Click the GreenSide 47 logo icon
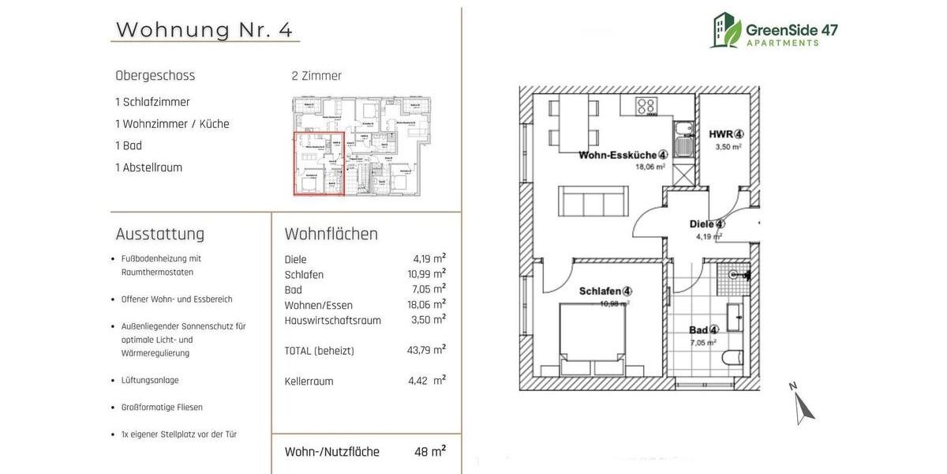tap(725, 30)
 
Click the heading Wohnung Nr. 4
tap(204, 29)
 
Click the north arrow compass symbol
tap(803, 404)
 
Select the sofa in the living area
tap(593, 201)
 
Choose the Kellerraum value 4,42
tap(418, 381)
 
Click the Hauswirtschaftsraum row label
tap(332, 320)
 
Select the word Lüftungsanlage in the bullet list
tap(150, 380)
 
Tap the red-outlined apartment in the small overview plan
tap(319, 164)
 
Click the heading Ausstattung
tap(160, 234)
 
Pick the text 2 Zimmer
tap(316, 76)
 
